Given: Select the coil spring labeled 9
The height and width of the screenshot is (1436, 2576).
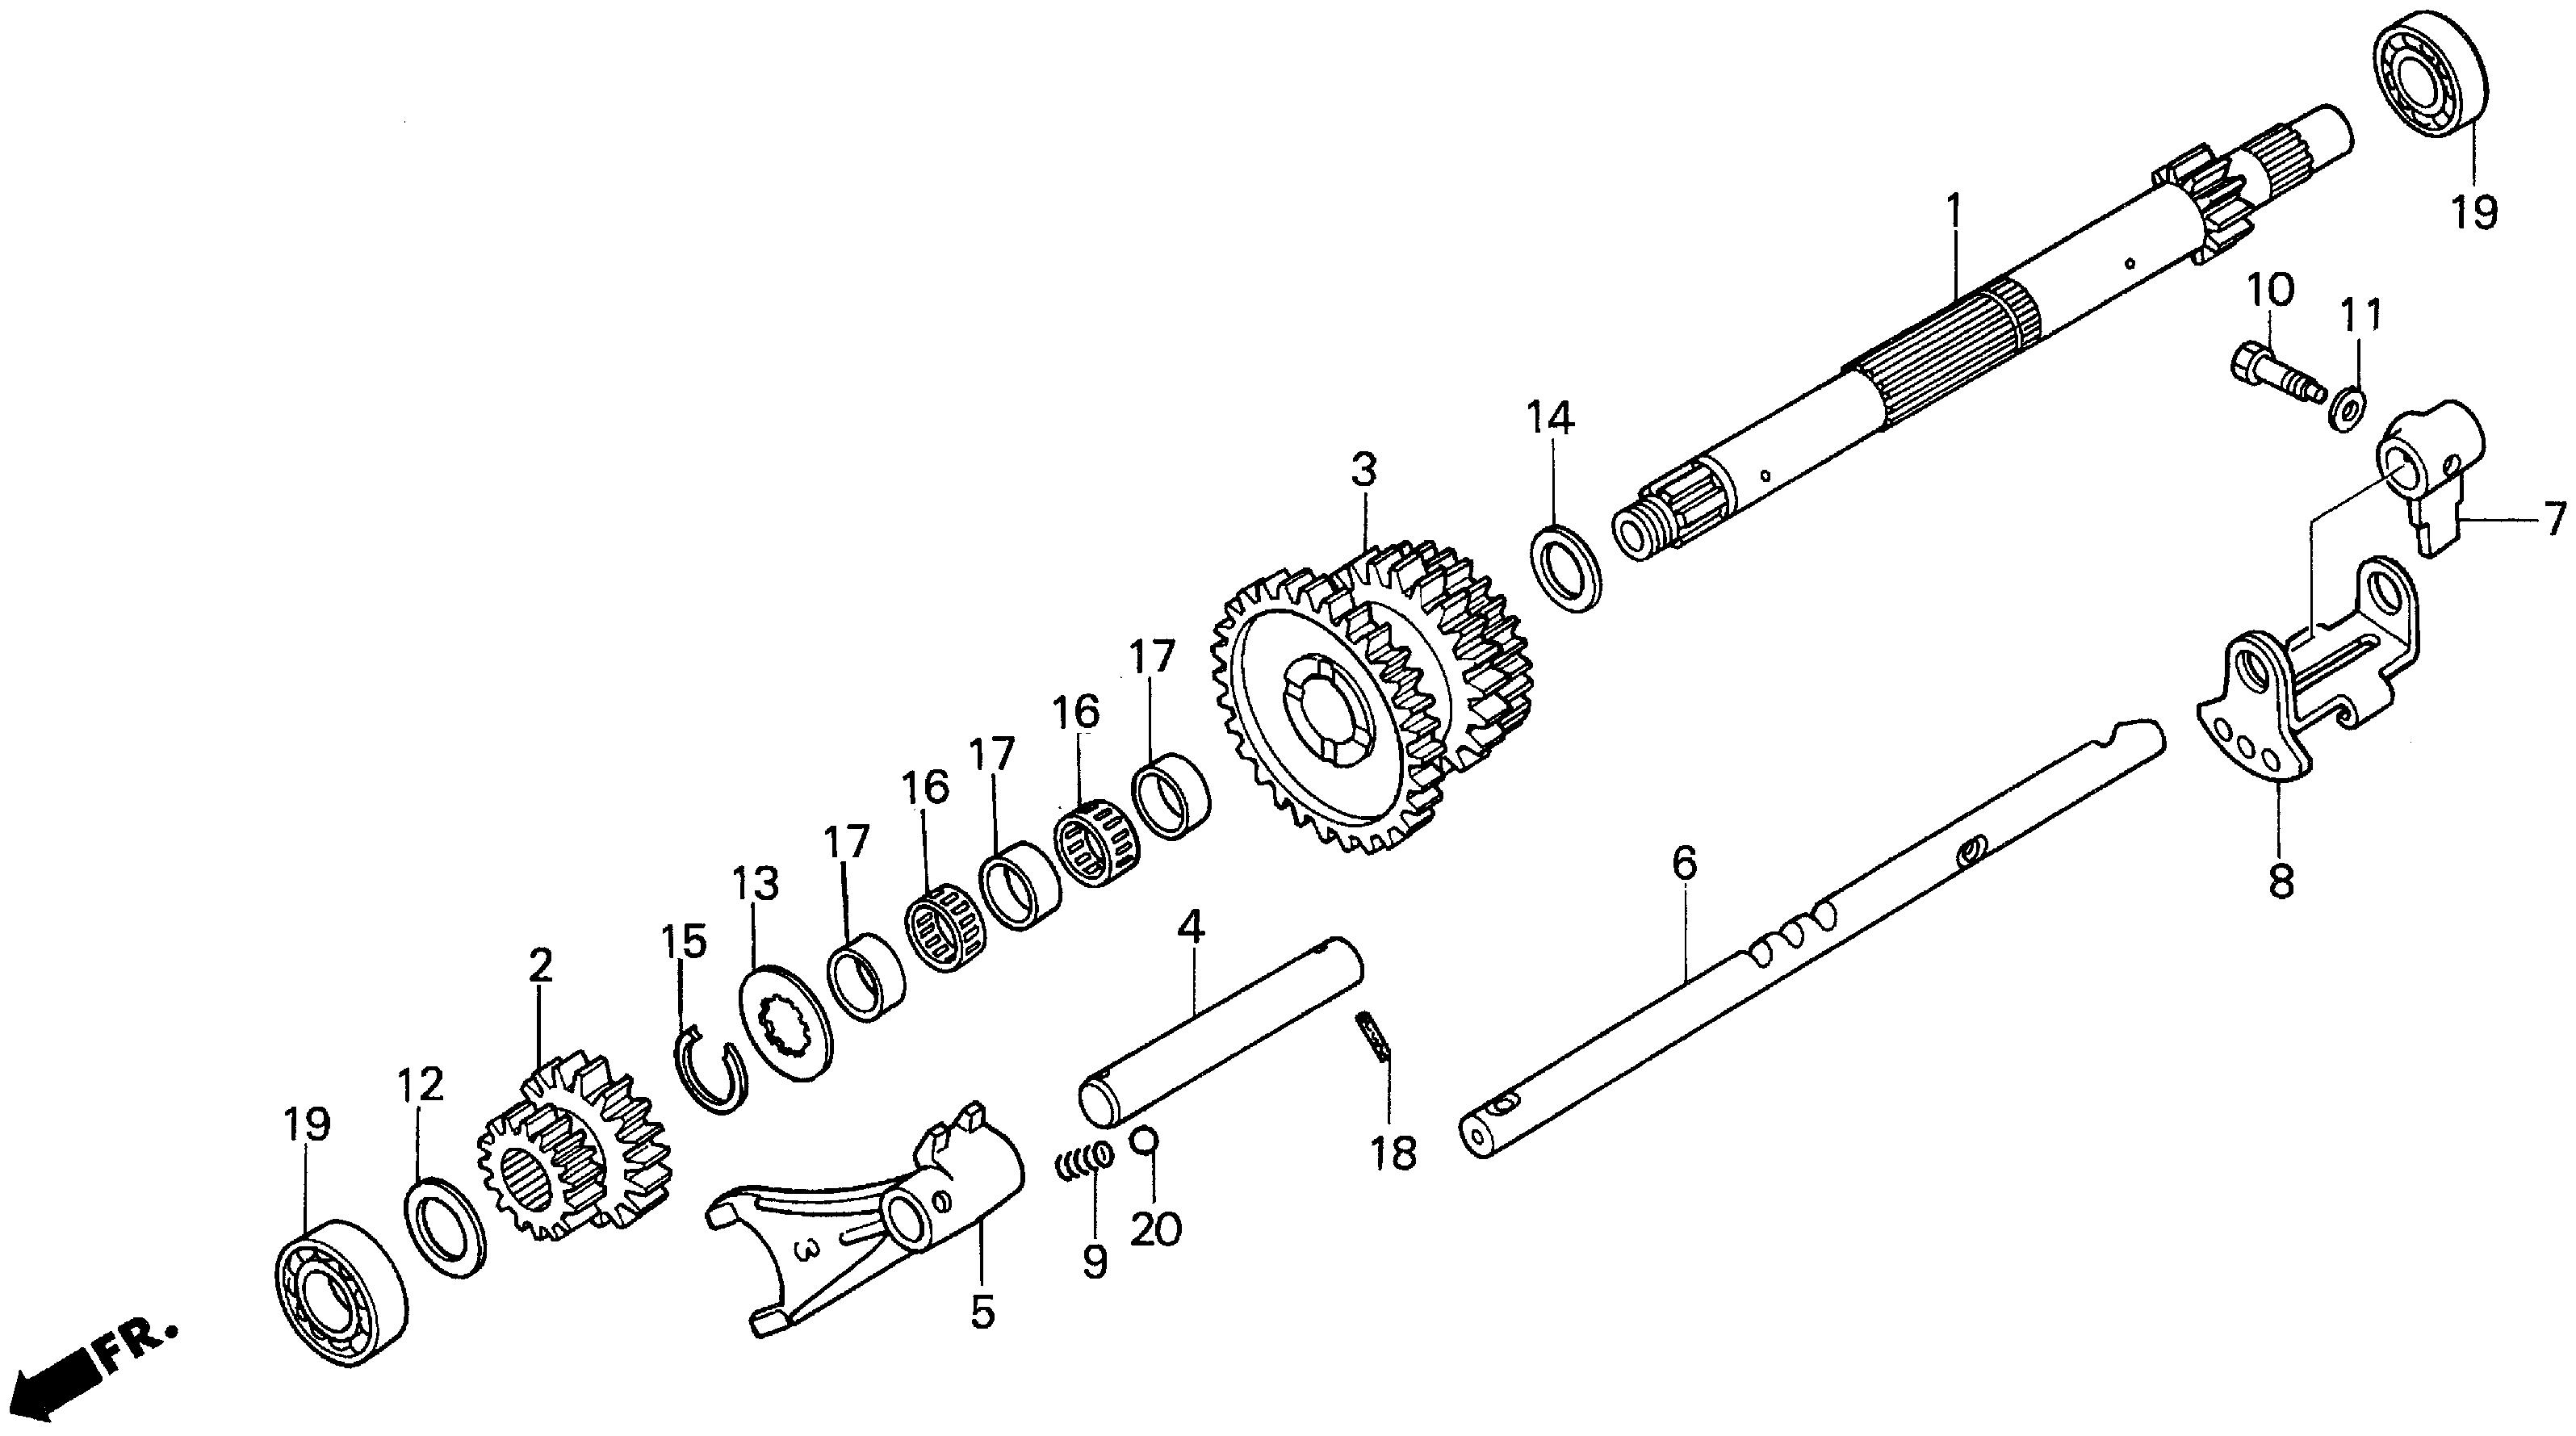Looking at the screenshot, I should [1082, 1162].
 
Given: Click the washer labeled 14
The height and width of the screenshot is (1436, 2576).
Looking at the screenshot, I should [1568, 567].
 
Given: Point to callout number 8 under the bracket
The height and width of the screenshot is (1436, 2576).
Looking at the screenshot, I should [2281, 882].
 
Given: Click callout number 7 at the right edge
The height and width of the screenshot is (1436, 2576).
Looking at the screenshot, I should [2555, 518].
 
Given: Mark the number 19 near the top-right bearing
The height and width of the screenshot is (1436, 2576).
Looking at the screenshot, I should [2475, 212].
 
